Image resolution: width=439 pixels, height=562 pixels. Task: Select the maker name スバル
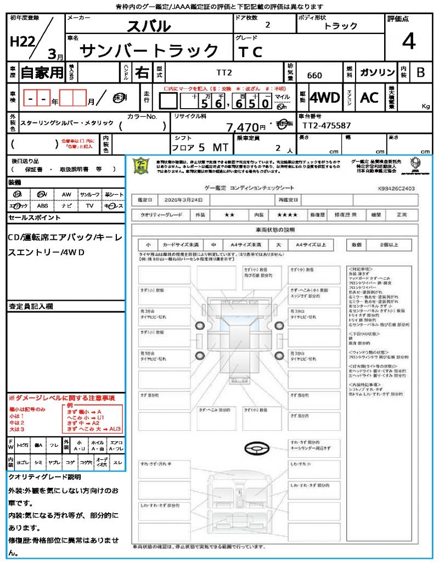(x=149, y=26)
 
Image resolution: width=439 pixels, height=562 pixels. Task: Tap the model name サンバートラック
(x=149, y=50)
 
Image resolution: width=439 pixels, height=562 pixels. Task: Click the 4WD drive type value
(x=324, y=98)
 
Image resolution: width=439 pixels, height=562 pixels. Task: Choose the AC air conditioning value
(x=369, y=98)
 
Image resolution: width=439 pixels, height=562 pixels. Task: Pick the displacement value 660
(x=314, y=75)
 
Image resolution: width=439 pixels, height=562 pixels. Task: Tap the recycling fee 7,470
(x=242, y=127)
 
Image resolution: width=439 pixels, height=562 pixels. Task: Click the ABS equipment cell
(x=42, y=206)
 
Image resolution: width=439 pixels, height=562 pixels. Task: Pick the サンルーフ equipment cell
(x=90, y=194)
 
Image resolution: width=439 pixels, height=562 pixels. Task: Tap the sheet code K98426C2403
(x=396, y=188)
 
